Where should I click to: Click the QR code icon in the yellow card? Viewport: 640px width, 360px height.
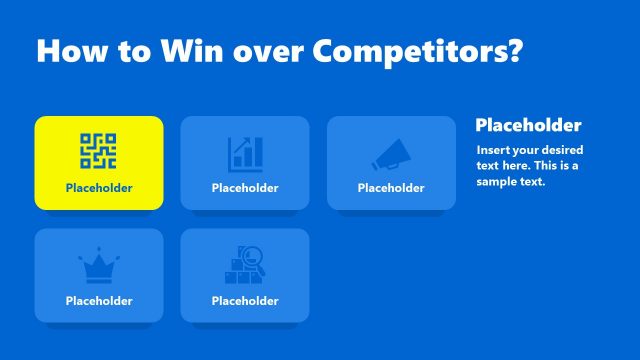click(99, 150)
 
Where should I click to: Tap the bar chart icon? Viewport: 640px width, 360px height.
click(245, 153)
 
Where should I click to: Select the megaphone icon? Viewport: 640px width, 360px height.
click(390, 153)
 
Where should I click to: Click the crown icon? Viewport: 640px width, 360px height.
click(99, 266)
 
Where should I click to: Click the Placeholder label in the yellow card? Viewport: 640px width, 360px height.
click(99, 188)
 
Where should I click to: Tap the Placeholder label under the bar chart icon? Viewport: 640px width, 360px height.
click(245, 188)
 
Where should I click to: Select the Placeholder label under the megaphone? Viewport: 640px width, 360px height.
click(391, 188)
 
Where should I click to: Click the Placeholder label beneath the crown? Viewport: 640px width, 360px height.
click(99, 300)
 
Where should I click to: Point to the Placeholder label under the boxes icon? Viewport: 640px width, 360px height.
click(245, 300)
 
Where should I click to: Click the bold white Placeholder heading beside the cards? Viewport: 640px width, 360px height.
click(528, 126)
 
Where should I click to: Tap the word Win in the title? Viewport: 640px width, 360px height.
click(194, 52)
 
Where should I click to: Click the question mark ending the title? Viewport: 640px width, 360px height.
click(513, 52)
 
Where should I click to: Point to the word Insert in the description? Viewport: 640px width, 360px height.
click(493, 150)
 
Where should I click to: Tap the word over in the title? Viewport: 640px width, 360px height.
click(270, 52)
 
